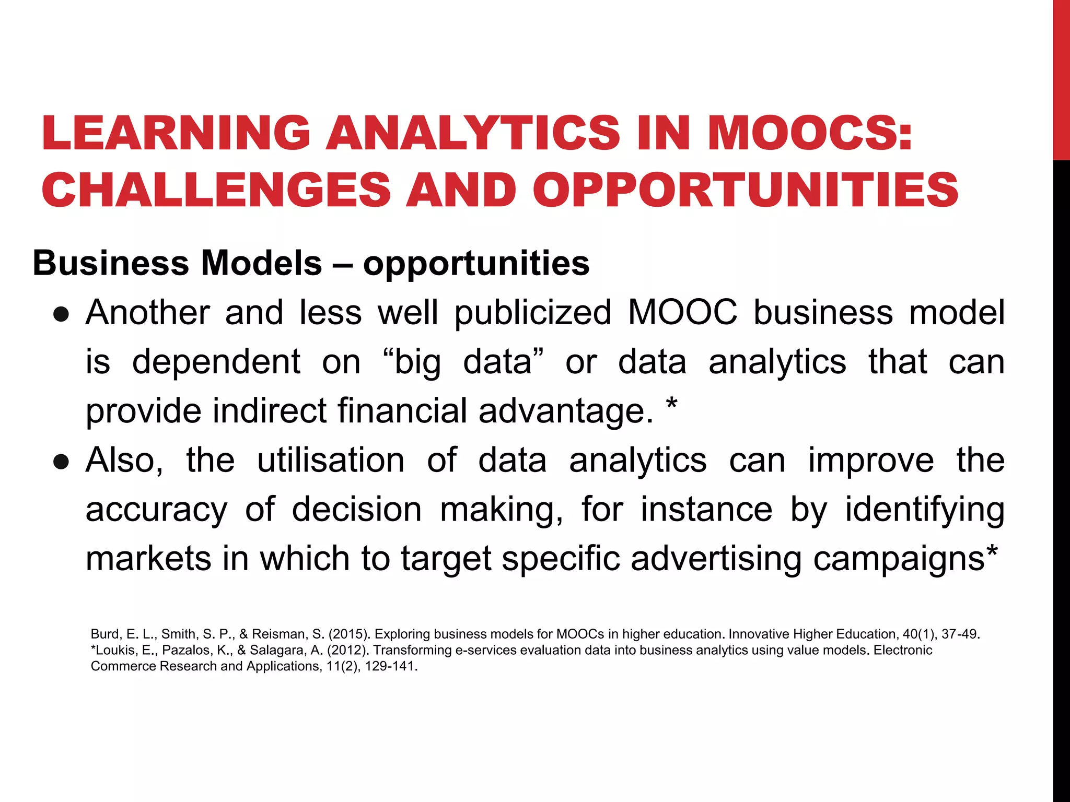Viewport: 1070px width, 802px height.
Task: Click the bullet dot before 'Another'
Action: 62,314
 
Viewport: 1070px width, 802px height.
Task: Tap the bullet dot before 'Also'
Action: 62,462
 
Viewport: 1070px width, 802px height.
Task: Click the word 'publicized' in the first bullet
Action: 533,313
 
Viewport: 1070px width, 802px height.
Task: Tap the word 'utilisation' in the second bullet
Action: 331,461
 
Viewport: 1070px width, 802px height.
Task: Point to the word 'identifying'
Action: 925,510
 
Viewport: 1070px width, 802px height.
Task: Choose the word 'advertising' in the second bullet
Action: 716,559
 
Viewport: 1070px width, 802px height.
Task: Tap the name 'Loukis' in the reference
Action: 115,651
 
